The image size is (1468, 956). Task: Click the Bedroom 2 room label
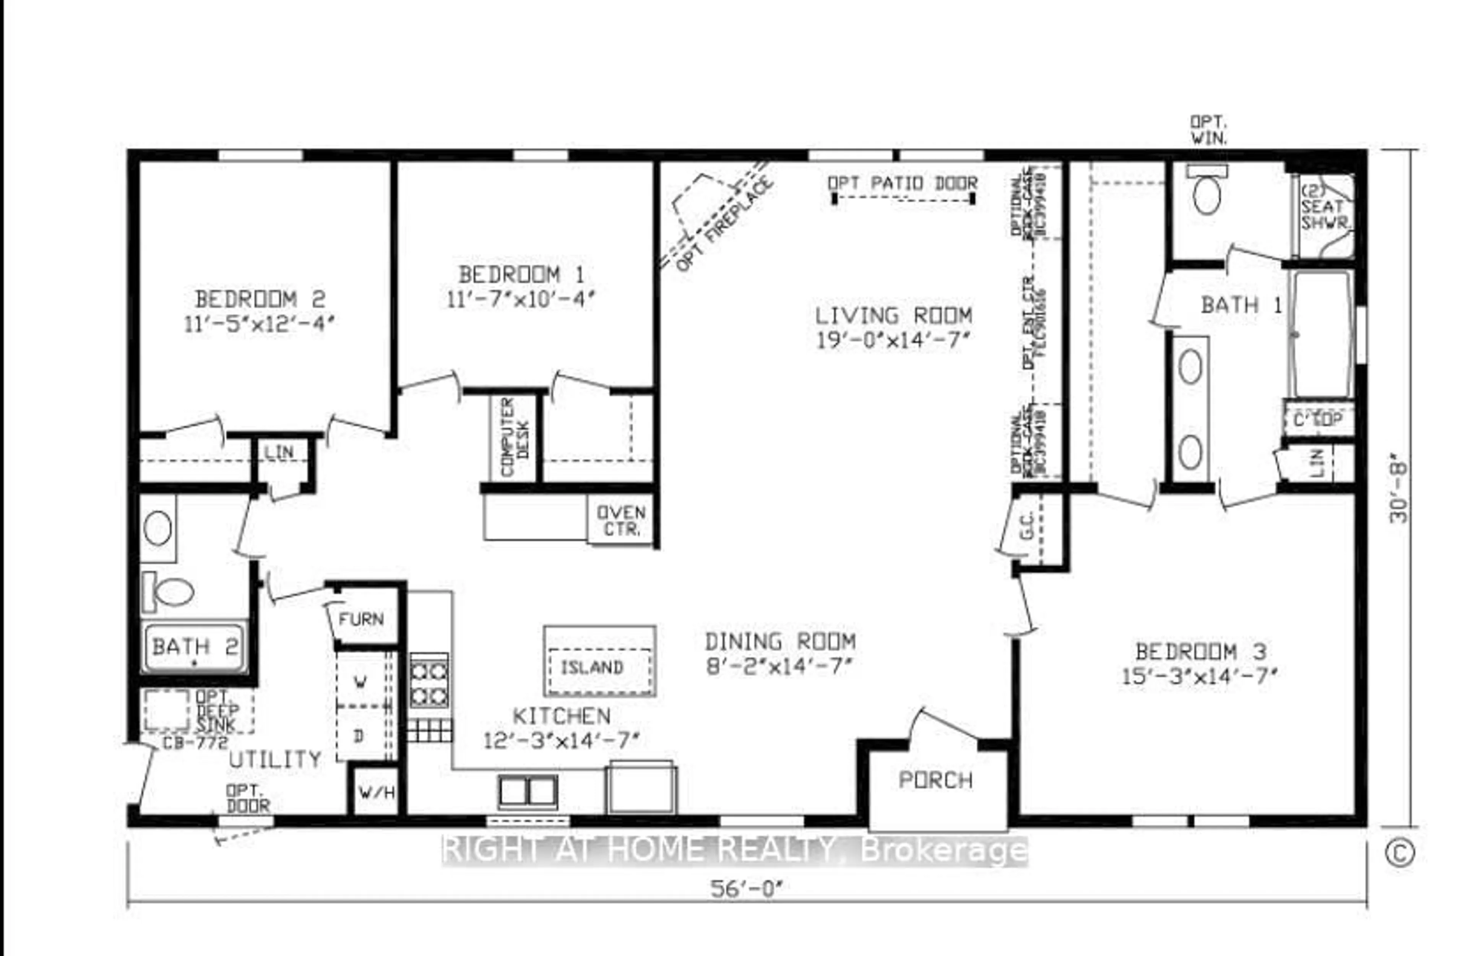tap(260, 299)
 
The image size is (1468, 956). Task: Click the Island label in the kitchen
tap(591, 668)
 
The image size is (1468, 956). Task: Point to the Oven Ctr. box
tap(620, 520)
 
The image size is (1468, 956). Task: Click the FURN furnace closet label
tap(361, 619)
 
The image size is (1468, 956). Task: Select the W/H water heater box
tap(376, 792)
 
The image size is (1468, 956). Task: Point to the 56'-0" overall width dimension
tap(746, 889)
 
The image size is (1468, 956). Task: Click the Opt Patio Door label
tap(902, 183)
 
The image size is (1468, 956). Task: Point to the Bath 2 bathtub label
tap(194, 647)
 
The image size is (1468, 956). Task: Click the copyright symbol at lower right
tap(1399, 853)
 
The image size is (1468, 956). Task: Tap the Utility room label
tap(275, 759)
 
